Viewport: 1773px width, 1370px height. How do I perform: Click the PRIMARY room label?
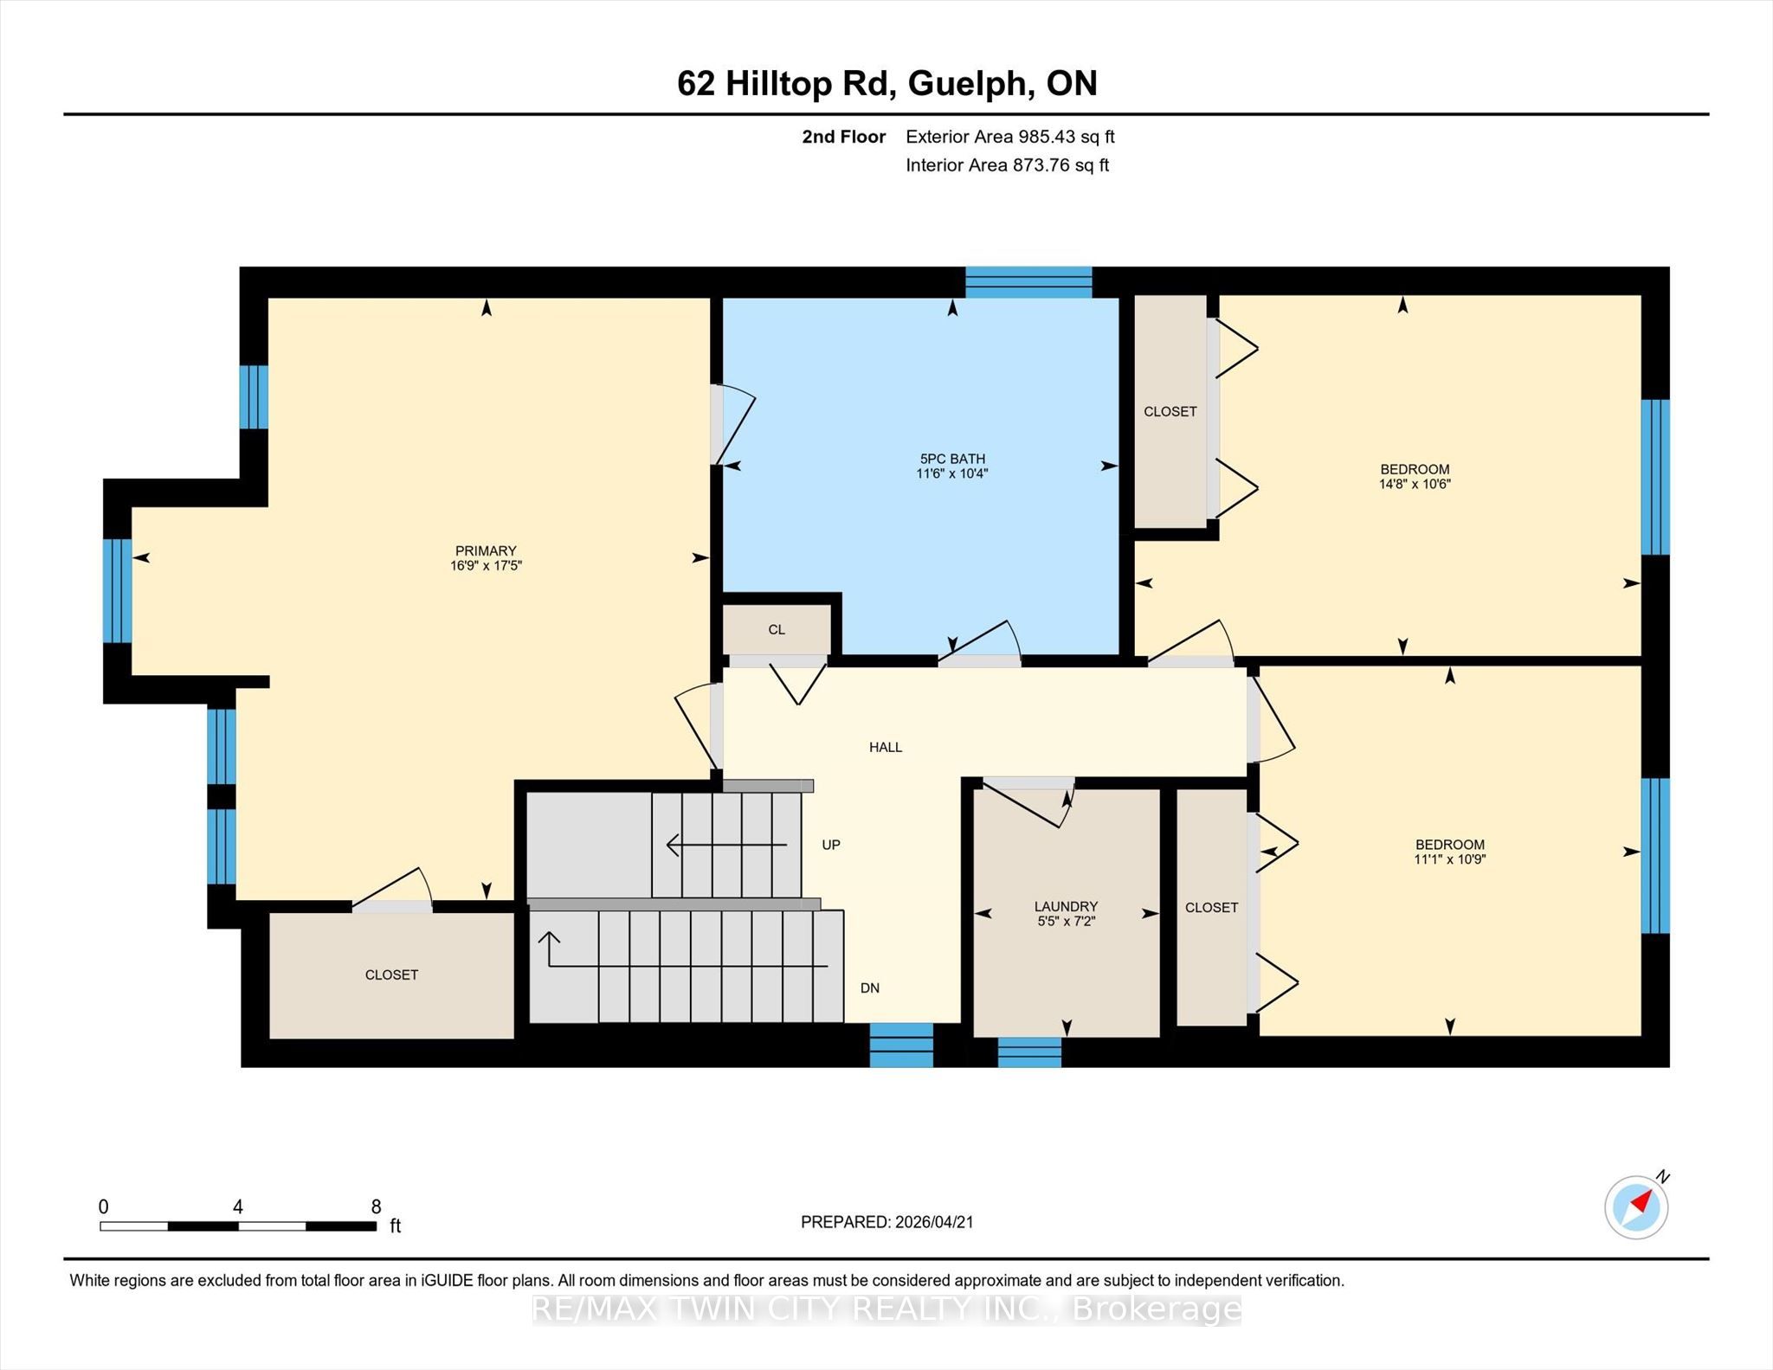(x=486, y=551)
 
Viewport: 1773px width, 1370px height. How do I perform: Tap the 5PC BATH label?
(x=952, y=460)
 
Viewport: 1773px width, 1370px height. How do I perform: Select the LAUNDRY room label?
(x=1066, y=907)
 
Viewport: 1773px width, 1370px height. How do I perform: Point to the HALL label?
(x=886, y=747)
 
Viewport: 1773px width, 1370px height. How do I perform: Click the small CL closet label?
(x=777, y=630)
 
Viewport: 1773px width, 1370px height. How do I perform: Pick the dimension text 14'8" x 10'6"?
(x=1415, y=485)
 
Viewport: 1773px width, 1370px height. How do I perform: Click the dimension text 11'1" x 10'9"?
(x=1450, y=859)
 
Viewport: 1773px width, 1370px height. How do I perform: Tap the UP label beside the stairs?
(x=831, y=845)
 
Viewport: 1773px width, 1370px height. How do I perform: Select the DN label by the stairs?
(x=870, y=988)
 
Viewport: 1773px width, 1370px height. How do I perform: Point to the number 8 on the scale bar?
(x=376, y=1206)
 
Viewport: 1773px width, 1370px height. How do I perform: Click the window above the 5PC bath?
(x=1028, y=282)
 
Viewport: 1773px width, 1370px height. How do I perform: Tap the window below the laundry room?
(x=1029, y=1052)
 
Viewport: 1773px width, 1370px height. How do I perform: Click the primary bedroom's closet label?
(x=391, y=975)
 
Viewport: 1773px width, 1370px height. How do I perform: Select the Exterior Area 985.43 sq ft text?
(x=1010, y=137)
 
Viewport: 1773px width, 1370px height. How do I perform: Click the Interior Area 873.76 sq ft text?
(x=1008, y=165)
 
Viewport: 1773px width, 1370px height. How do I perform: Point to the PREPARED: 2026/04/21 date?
(x=887, y=1222)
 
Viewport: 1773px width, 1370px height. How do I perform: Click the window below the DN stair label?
(x=901, y=1045)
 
